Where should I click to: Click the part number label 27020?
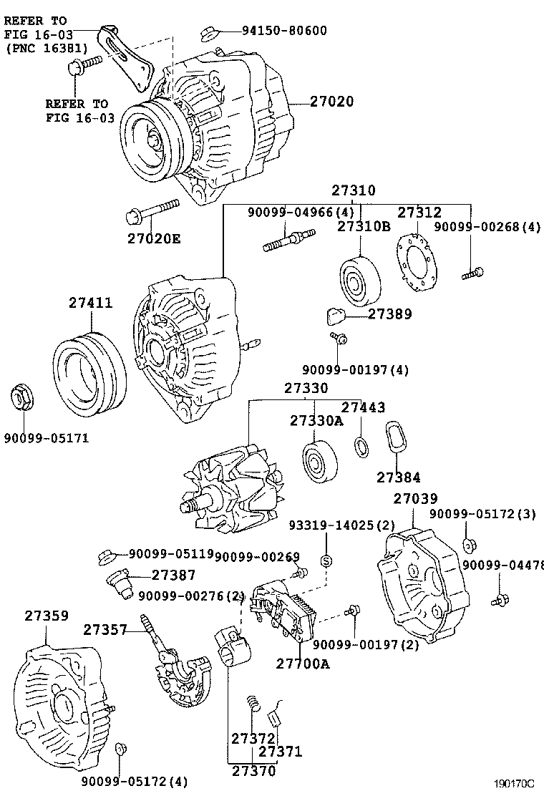click(331, 102)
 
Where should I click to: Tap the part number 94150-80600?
click(284, 31)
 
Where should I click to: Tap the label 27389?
click(390, 314)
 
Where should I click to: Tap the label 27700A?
click(303, 664)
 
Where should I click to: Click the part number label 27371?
click(281, 752)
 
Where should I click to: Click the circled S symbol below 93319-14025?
click(326, 560)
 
